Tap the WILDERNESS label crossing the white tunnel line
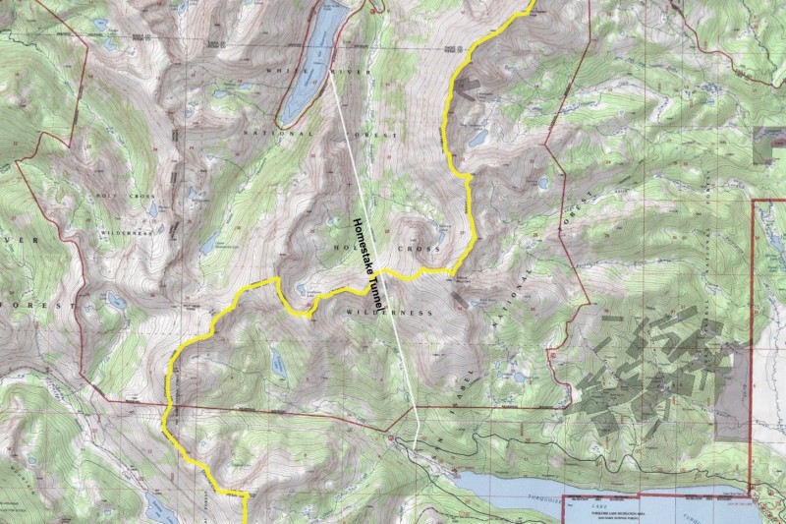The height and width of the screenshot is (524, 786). click(389, 312)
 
